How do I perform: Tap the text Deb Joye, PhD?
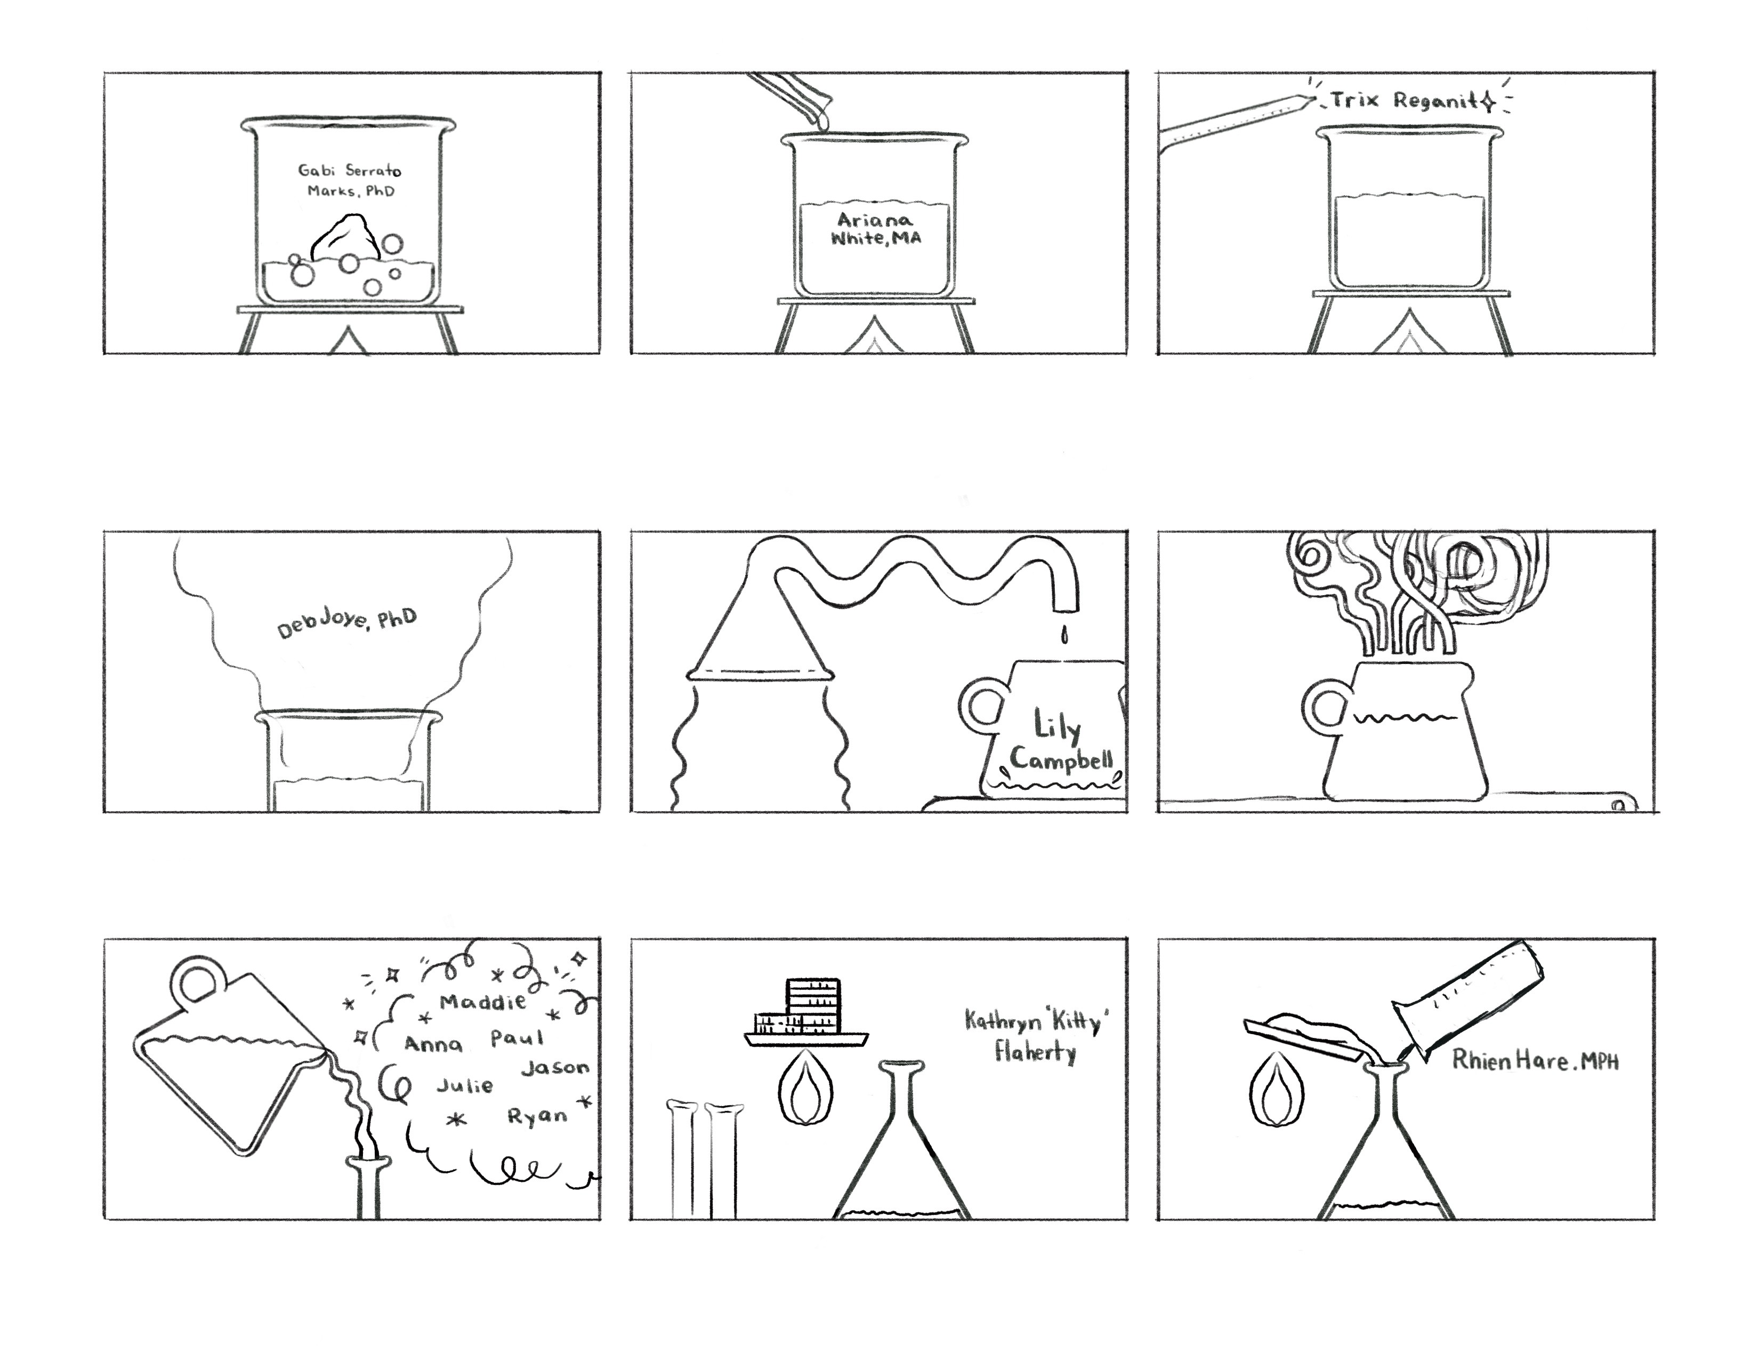(347, 623)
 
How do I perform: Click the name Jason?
(556, 1068)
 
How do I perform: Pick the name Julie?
(465, 1085)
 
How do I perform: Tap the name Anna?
(433, 1045)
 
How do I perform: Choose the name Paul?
(517, 1038)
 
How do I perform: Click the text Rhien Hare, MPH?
(1535, 1060)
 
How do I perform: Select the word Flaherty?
(1035, 1052)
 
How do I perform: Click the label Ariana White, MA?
(875, 229)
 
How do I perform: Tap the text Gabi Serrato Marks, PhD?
(350, 180)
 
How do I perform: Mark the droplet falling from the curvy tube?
(1065, 636)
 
